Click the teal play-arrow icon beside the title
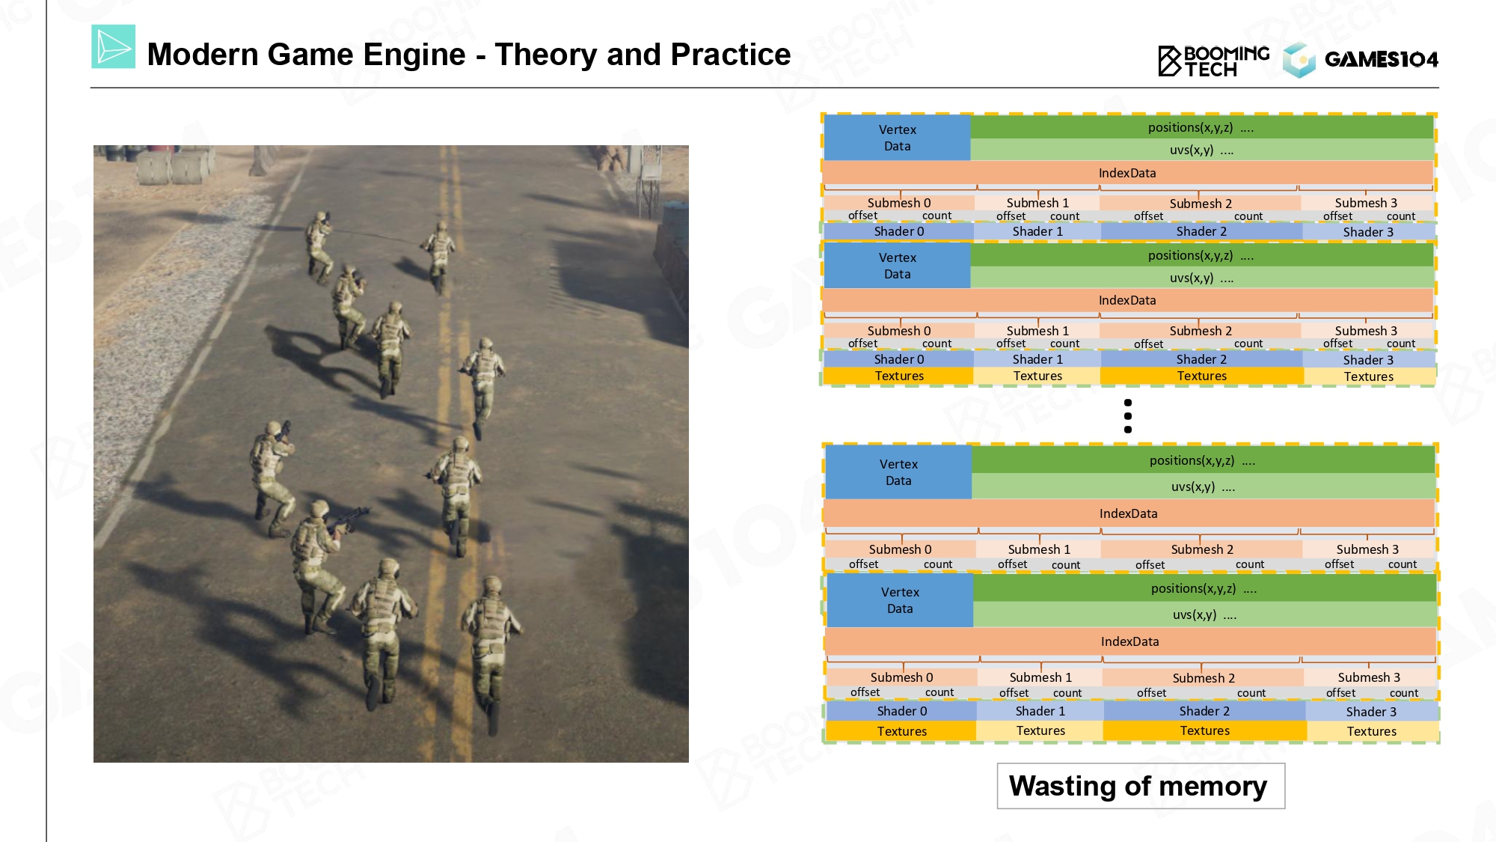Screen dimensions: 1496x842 [x=114, y=46]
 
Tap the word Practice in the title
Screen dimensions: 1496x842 [x=731, y=55]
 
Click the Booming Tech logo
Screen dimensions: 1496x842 [x=1214, y=61]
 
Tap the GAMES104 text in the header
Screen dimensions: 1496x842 [x=1381, y=59]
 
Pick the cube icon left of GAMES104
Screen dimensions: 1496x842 [x=1299, y=60]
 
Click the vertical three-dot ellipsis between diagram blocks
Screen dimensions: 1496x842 [x=1128, y=416]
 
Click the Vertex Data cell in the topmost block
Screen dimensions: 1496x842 [x=897, y=138]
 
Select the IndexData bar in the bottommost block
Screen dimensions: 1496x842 [x=1130, y=641]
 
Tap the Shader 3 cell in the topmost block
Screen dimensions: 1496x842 [x=1368, y=232]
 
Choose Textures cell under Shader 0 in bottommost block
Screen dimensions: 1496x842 [x=901, y=731]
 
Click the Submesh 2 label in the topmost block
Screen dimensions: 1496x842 [x=1201, y=204]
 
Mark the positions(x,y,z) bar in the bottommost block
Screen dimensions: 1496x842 [x=1204, y=588]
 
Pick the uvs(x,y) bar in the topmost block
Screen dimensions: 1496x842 [x=1202, y=150]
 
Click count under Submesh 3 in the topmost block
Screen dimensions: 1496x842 [x=1401, y=216]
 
